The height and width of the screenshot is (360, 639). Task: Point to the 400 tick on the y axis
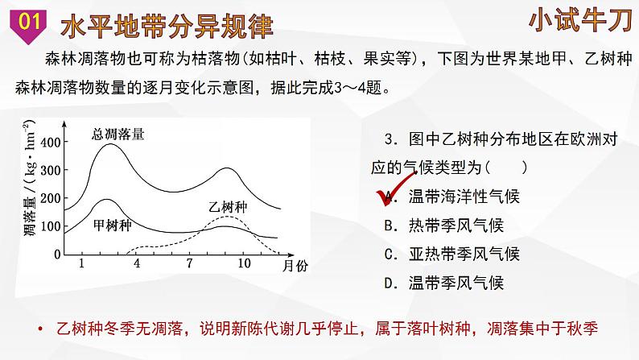(51, 143)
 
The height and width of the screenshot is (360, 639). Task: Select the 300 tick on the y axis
(51, 171)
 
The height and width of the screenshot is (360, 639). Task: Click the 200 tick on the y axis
(51, 198)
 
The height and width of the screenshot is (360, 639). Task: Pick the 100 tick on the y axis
(51, 226)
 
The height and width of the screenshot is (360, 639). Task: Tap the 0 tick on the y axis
(57, 254)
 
